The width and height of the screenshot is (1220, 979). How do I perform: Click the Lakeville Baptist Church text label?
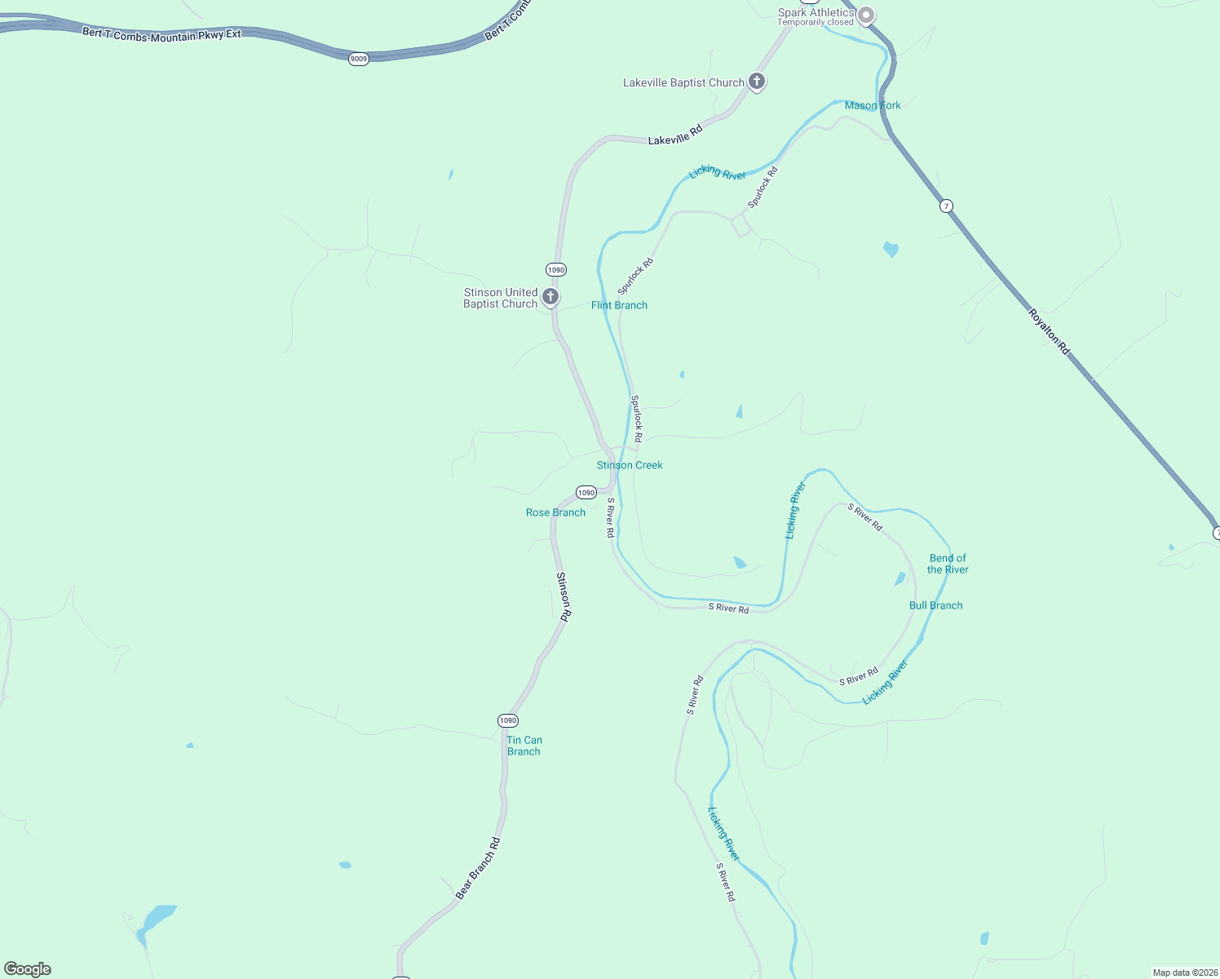pyautogui.click(x=683, y=82)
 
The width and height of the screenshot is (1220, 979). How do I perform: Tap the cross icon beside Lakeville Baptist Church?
pyautogui.click(x=757, y=82)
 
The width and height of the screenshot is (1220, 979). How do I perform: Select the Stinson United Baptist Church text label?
pyautogui.click(x=500, y=298)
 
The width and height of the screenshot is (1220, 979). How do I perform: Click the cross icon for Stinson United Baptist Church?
pyautogui.click(x=550, y=296)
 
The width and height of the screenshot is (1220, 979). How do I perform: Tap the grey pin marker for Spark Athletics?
pyautogui.click(x=866, y=15)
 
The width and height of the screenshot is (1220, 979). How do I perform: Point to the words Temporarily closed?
pyautogui.click(x=815, y=23)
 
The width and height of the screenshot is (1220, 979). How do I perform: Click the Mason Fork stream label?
pyautogui.click(x=873, y=105)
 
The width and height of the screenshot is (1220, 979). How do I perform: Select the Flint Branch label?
pyautogui.click(x=619, y=305)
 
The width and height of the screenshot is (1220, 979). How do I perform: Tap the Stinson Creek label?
pyautogui.click(x=630, y=465)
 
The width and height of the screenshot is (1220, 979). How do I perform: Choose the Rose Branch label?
pyautogui.click(x=555, y=512)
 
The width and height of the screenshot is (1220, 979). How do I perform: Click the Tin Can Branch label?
pyautogui.click(x=524, y=746)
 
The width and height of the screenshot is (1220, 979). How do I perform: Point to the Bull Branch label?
pyautogui.click(x=935, y=605)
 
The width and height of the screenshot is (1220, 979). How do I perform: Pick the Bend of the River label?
pyautogui.click(x=948, y=564)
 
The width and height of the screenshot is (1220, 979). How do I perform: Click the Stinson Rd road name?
pyautogui.click(x=564, y=596)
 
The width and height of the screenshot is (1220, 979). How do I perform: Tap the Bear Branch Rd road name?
pyautogui.click(x=478, y=868)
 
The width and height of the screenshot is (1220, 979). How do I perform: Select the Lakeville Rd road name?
pyautogui.click(x=674, y=135)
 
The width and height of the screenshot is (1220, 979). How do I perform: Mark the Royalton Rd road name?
pyautogui.click(x=1048, y=330)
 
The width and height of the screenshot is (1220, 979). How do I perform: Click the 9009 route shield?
pyautogui.click(x=359, y=59)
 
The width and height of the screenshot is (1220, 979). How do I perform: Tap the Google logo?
pyautogui.click(x=28, y=969)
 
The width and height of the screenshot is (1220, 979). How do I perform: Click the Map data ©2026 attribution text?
pyautogui.click(x=1184, y=972)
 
